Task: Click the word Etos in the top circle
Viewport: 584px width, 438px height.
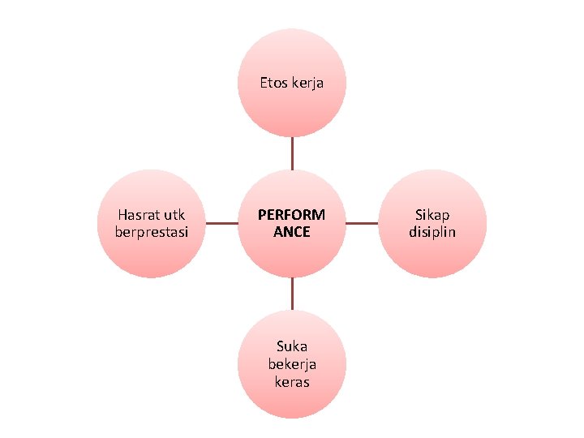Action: (273, 82)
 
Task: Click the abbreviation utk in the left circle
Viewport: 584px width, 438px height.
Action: (174, 215)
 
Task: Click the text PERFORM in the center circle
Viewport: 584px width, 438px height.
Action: (291, 215)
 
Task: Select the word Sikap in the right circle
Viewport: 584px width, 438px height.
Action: (432, 215)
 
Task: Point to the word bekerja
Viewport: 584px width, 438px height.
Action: (291, 365)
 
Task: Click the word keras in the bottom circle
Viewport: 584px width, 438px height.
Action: (291, 381)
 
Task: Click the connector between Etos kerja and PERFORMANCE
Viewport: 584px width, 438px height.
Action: (292, 152)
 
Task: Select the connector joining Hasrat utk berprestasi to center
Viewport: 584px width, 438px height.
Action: (221, 222)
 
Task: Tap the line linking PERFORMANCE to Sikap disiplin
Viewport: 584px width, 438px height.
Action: (362, 222)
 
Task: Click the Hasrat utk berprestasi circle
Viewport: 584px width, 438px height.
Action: (152, 255)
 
